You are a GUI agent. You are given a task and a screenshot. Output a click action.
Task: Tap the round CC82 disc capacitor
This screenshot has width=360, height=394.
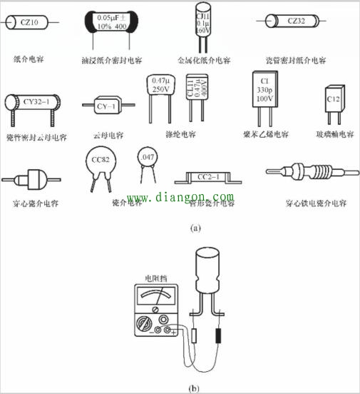point(101,161)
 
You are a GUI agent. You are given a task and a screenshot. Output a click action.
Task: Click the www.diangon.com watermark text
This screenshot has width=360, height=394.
point(180,196)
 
